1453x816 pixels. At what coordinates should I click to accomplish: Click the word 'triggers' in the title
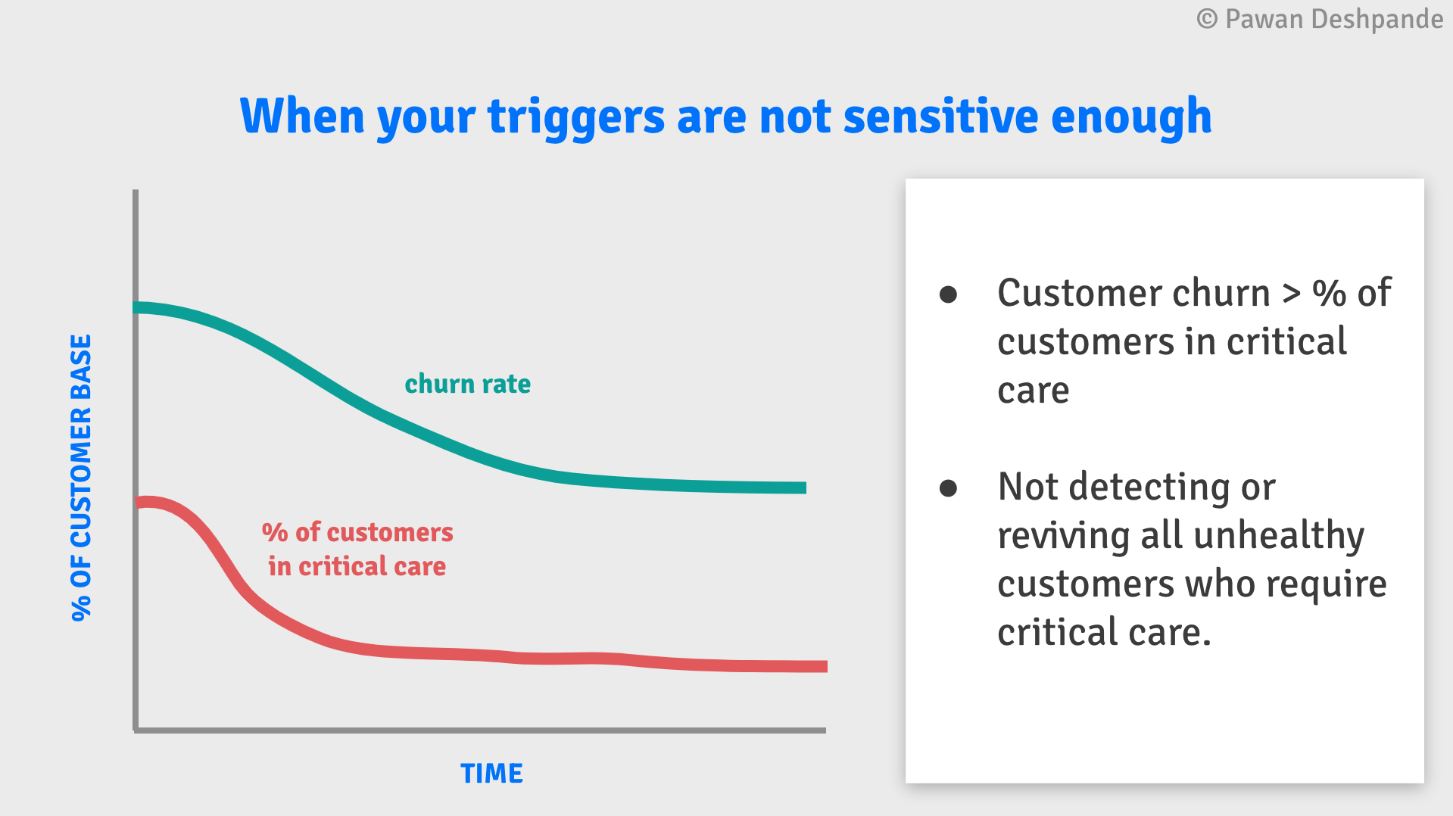point(576,117)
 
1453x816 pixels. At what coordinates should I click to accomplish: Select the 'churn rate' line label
point(467,384)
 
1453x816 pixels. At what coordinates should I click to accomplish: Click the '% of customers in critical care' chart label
point(357,549)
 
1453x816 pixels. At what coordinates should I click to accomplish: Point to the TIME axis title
point(491,773)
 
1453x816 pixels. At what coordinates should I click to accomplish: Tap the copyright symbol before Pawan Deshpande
point(1207,19)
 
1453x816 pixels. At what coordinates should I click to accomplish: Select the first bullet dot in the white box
point(948,294)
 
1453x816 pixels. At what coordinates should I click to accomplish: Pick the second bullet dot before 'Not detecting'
point(948,487)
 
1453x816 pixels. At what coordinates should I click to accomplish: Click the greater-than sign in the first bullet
point(1291,293)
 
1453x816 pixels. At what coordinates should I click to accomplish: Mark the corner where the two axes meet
point(136,730)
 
